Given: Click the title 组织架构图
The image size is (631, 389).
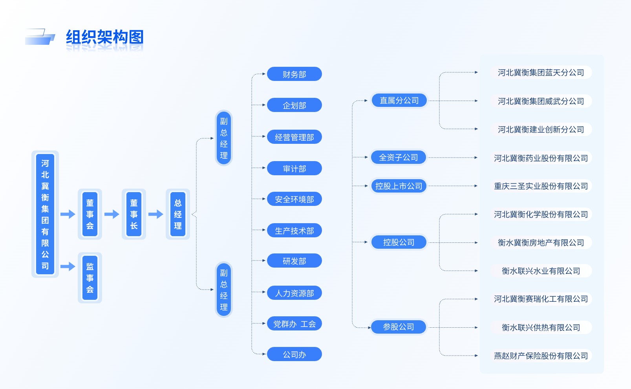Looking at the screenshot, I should [x=104, y=38].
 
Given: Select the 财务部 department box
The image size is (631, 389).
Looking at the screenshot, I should [x=294, y=74].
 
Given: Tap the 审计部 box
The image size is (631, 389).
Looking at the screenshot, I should [x=294, y=169].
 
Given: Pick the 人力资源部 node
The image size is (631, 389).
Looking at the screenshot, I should [x=294, y=293].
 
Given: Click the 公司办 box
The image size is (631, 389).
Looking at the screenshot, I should [x=294, y=354].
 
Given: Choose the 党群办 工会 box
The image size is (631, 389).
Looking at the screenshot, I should [x=294, y=324].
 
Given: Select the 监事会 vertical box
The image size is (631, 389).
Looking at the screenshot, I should [x=90, y=278].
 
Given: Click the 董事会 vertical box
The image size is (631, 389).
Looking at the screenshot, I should [x=90, y=214].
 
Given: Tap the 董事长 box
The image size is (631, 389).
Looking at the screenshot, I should [x=134, y=214].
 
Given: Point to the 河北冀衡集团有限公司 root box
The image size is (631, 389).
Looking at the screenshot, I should [x=45, y=214].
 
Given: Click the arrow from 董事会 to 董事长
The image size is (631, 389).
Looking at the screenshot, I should [x=112, y=214].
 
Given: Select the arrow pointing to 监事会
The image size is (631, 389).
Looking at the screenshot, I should [x=68, y=266].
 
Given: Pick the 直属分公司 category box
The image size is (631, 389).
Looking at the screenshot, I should [x=399, y=101].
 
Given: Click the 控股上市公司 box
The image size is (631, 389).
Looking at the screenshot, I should [x=399, y=186].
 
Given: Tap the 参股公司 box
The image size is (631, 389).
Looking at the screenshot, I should [x=399, y=327].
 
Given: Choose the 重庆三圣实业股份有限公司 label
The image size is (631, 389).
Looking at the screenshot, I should [x=541, y=186].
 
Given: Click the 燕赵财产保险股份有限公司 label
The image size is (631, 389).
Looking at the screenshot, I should [x=541, y=356].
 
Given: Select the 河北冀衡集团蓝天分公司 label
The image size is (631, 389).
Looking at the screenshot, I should [x=541, y=73].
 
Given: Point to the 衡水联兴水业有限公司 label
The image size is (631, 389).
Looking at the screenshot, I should [x=541, y=271].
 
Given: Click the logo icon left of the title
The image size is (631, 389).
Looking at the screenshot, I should [x=40, y=37].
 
